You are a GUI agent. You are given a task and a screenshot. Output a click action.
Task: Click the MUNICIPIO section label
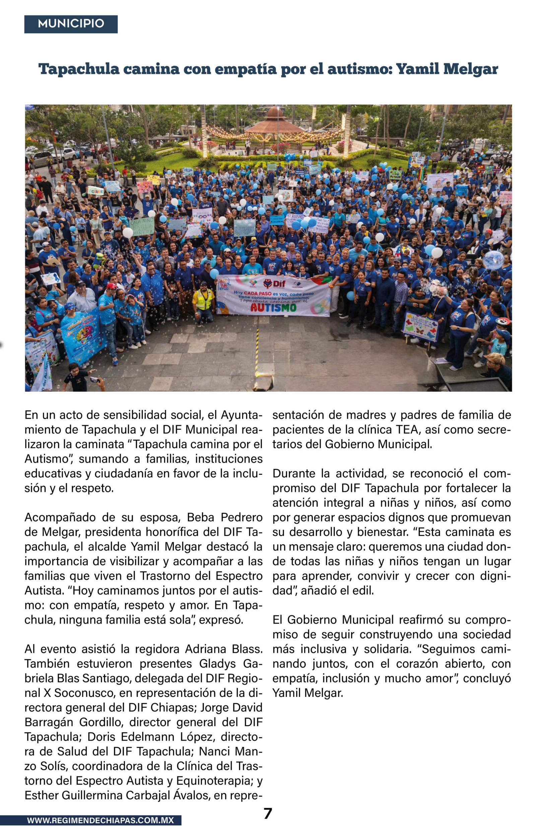click(x=71, y=24)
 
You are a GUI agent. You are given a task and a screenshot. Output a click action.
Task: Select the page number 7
click(x=268, y=814)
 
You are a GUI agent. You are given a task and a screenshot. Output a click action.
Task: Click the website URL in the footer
click(x=100, y=820)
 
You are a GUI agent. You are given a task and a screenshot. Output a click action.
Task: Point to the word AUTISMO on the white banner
click(x=273, y=307)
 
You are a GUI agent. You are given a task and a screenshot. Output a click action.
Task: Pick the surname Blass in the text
click(x=246, y=649)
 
